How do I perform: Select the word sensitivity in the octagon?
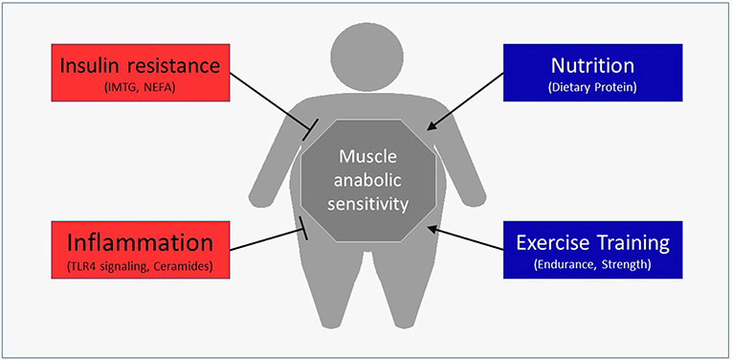pos(366,203)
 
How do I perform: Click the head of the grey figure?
pos(366,48)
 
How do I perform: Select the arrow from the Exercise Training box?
pos(469,239)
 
